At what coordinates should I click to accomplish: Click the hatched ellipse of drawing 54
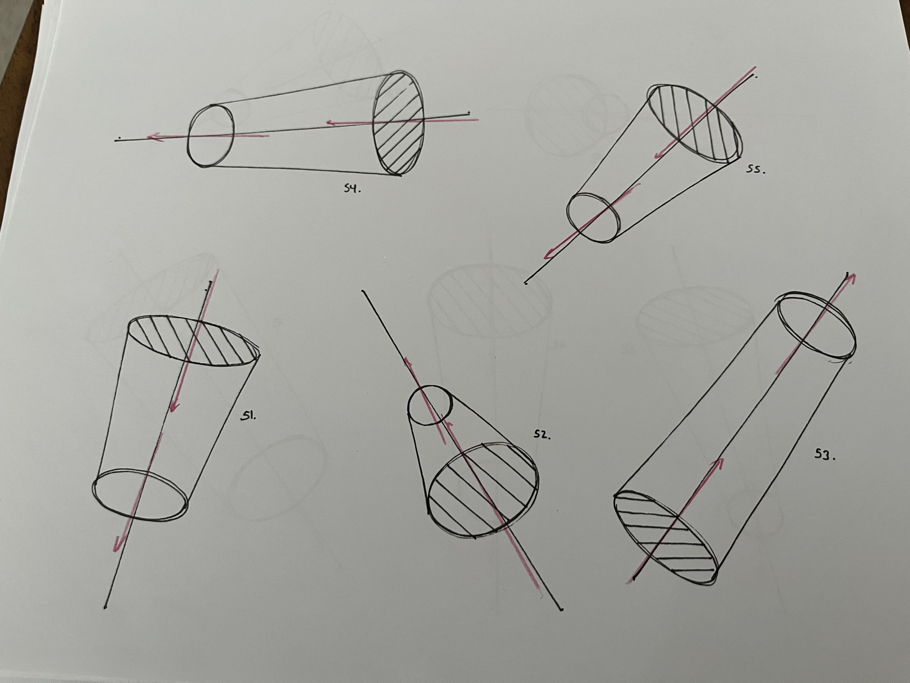[x=398, y=123]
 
